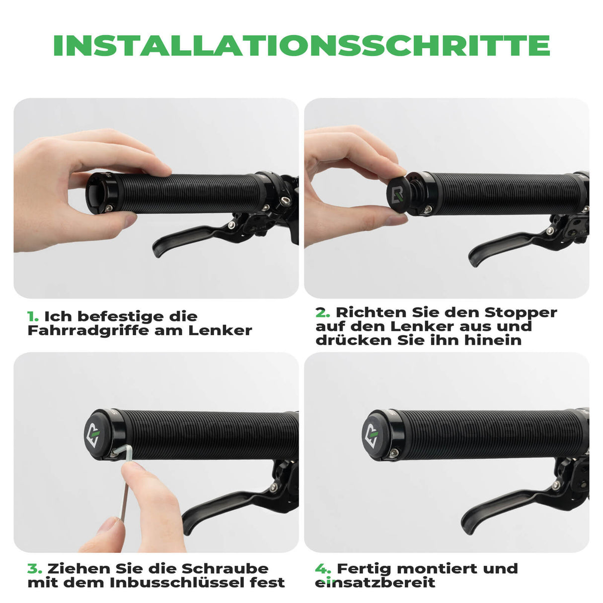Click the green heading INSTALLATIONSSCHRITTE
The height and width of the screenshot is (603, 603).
(x=301, y=46)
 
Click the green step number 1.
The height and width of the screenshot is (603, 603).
(x=33, y=317)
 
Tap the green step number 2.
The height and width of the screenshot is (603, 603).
(x=322, y=313)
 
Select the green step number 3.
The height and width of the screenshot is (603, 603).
(x=34, y=569)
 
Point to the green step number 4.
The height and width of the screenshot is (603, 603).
(x=323, y=569)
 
